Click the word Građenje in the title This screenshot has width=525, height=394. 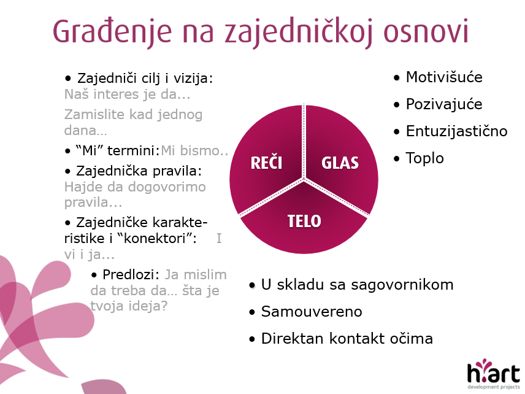click(x=112, y=32)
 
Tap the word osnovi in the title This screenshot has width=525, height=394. click(x=426, y=32)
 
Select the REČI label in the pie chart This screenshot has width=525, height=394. click(x=267, y=163)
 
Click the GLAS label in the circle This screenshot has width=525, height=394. click(x=340, y=163)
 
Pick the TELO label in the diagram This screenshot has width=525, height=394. click(x=304, y=221)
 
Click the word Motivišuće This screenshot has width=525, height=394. click(x=444, y=77)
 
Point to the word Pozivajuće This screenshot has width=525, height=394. click(x=444, y=104)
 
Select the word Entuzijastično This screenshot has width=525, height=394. click(x=457, y=131)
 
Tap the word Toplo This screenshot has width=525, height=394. click(x=425, y=158)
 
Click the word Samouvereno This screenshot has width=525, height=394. click(x=312, y=312)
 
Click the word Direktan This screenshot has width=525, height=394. click(x=293, y=338)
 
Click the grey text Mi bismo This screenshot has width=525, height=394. click(x=194, y=151)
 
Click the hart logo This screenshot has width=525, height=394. click(x=494, y=374)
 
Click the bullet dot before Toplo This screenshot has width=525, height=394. click(x=397, y=158)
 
